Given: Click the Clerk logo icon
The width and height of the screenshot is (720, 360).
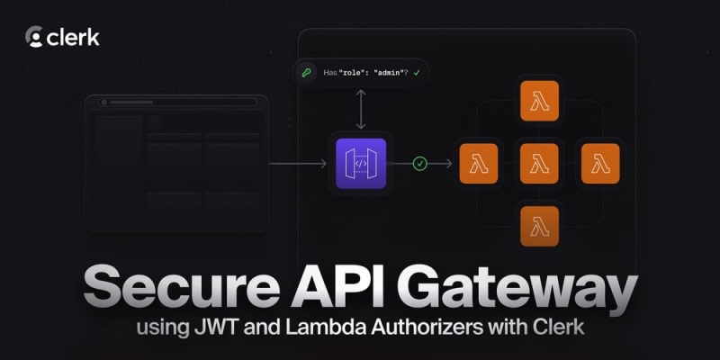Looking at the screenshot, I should [35, 37].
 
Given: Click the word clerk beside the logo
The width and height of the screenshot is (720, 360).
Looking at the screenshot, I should [74, 37].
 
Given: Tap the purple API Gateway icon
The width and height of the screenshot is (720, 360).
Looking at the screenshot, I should [360, 164].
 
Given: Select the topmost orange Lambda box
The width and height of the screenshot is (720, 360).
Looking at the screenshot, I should [539, 101].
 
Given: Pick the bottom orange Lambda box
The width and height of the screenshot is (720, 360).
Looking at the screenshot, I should [539, 226].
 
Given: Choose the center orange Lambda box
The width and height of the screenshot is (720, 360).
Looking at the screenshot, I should [539, 164].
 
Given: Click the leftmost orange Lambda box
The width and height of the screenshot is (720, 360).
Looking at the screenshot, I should [479, 164].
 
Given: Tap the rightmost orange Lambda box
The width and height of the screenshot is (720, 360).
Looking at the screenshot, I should [599, 164].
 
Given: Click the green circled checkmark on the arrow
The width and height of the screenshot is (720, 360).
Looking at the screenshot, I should [419, 164].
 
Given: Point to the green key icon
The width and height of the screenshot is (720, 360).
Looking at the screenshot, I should [308, 71].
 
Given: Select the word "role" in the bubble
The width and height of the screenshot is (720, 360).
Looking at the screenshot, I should [352, 71].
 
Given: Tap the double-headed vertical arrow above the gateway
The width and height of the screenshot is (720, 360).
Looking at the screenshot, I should [360, 110].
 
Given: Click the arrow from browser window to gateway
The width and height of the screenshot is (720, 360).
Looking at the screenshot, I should [297, 164].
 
